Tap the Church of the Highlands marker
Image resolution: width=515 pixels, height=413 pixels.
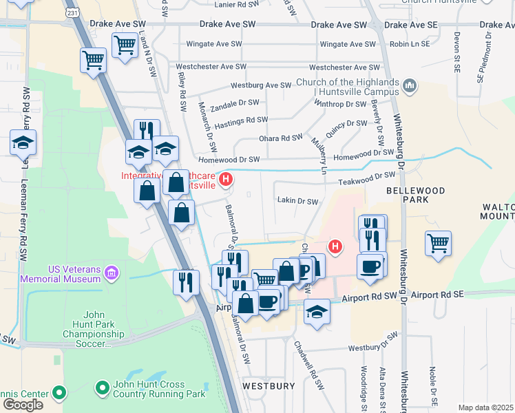(410, 86)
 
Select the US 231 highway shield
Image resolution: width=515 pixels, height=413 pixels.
(72, 12)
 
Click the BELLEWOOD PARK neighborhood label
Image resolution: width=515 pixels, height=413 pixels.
(415, 195)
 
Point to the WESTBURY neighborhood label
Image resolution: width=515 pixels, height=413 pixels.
(269, 385)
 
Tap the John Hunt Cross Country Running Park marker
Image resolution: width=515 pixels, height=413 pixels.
(103, 389)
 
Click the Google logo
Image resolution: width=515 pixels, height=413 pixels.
(23, 404)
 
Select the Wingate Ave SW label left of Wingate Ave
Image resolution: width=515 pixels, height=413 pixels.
(214, 44)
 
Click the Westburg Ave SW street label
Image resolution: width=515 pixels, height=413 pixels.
(261, 85)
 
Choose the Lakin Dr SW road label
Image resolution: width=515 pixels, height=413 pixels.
(297, 202)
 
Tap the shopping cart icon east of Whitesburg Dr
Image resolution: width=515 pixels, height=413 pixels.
(438, 243)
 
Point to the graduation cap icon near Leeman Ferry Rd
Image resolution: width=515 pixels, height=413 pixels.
(23, 142)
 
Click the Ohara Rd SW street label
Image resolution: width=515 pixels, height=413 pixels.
(280, 138)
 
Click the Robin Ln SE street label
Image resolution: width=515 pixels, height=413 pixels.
(409, 43)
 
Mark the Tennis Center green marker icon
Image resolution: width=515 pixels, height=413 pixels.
(59, 394)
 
